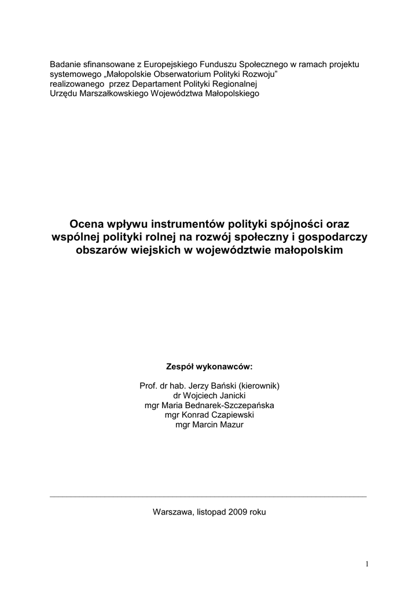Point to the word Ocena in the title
[x=85, y=223]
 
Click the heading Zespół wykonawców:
[x=209, y=367]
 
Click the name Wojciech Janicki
[x=214, y=395]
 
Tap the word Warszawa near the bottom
[x=173, y=512]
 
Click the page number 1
[x=367, y=564]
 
